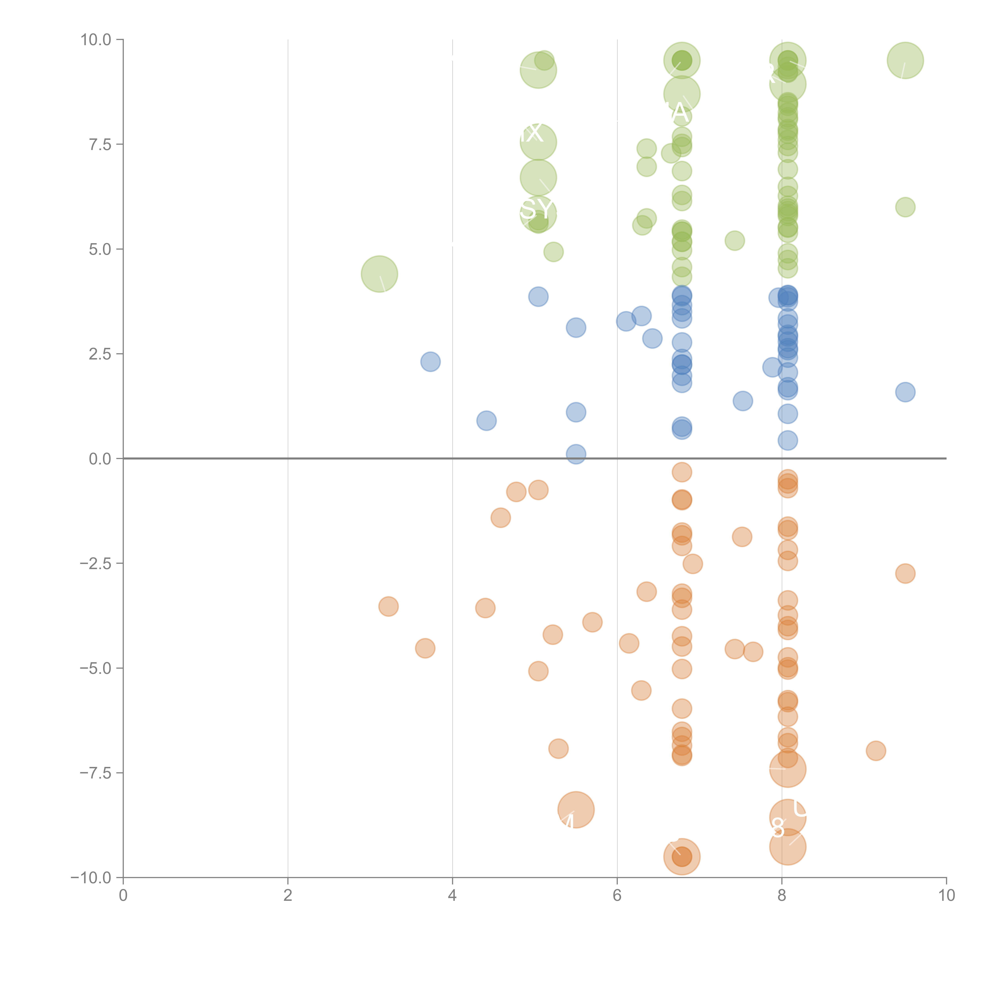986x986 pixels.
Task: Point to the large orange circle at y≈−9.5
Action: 682,857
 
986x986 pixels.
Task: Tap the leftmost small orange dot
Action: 388,606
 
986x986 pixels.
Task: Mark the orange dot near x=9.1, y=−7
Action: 876,751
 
